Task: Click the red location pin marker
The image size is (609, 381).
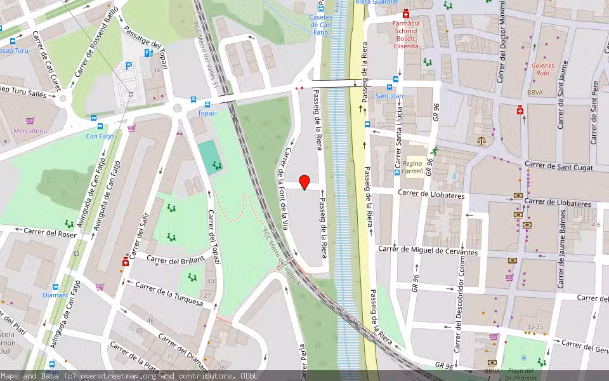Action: click(304, 182)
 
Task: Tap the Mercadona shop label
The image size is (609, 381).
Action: click(30, 131)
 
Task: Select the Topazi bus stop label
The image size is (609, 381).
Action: click(207, 113)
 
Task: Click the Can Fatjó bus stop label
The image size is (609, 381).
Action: click(100, 135)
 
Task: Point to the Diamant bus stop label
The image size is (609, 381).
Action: click(55, 295)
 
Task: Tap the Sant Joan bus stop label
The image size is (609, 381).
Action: click(390, 96)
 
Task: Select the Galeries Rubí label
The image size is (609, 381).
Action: click(543, 69)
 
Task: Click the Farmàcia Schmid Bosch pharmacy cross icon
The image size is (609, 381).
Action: click(406, 14)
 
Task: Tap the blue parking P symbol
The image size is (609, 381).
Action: click(129, 65)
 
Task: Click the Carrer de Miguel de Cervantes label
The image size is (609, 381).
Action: click(427, 251)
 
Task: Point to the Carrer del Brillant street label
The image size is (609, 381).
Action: click(176, 259)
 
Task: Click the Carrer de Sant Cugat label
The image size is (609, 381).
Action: click(558, 167)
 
